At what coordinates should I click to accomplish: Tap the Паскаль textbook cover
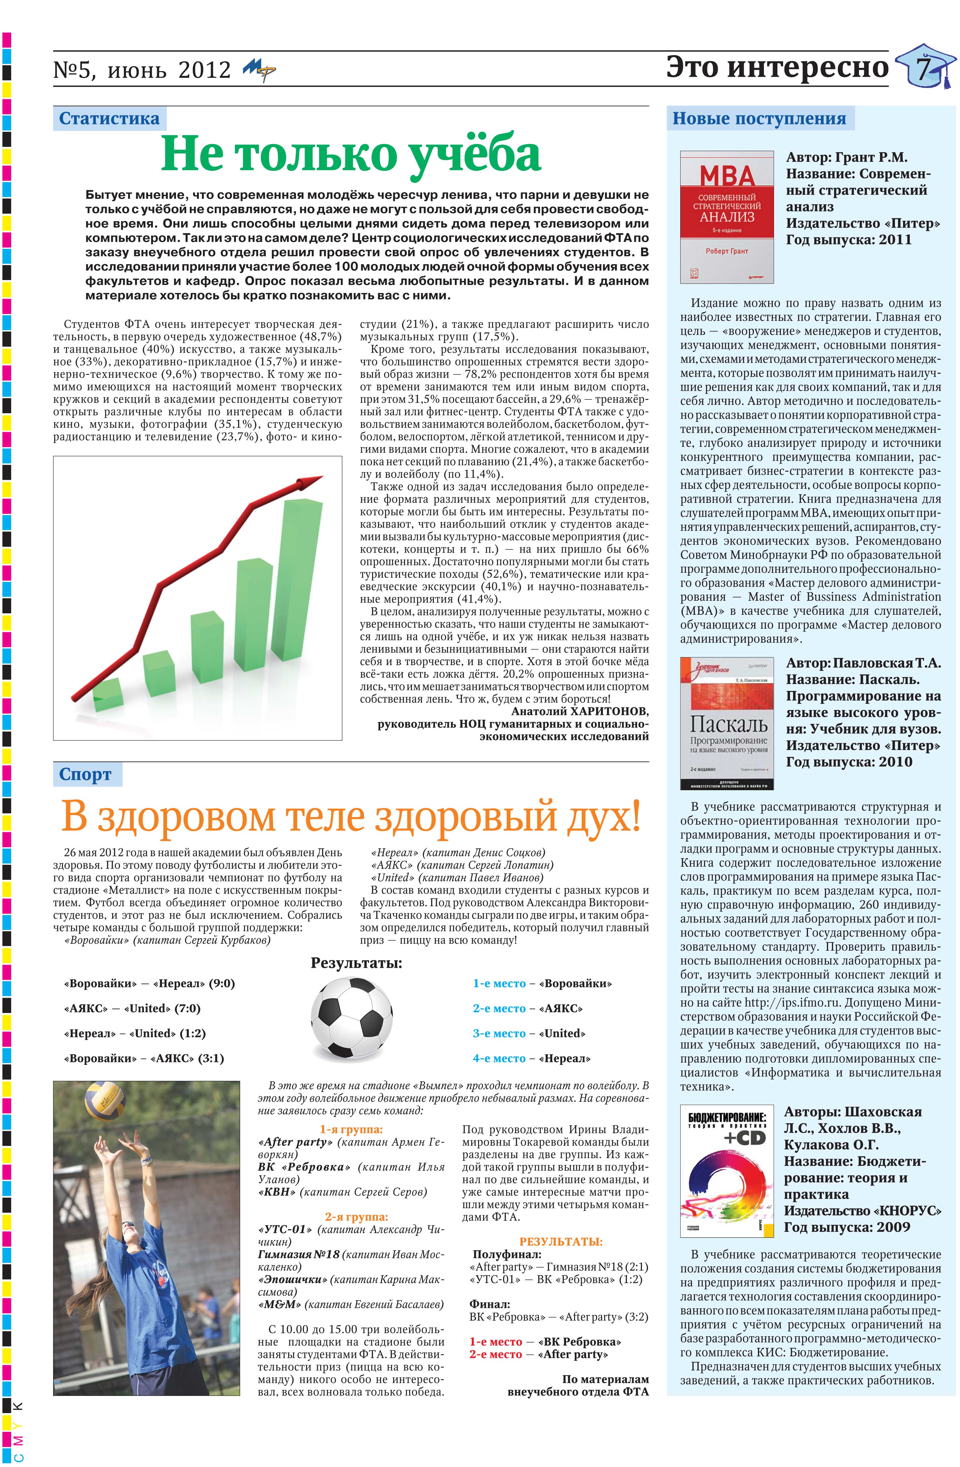point(726,723)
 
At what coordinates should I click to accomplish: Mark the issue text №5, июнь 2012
point(142,70)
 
